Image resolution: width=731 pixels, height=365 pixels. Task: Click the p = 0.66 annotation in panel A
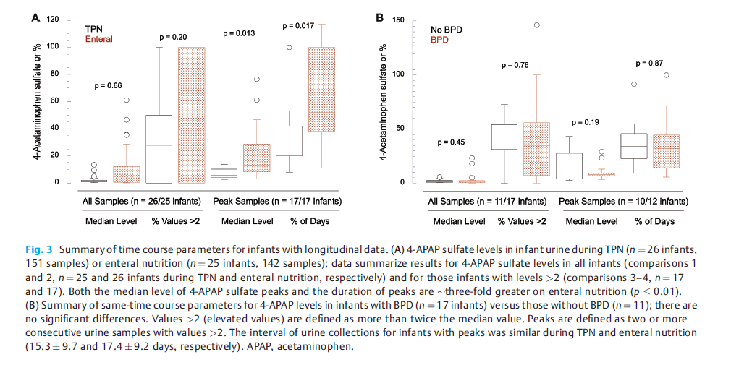(108, 86)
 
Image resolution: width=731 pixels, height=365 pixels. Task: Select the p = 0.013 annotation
(239, 33)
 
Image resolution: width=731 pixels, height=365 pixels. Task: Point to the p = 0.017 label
(297, 26)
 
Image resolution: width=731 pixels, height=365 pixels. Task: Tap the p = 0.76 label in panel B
(515, 66)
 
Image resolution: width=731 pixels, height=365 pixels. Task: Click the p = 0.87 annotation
(648, 64)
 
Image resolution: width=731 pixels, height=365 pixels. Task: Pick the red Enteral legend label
(99, 39)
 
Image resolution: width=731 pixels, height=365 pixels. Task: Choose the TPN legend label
(94, 30)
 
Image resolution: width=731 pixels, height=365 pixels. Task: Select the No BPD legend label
(446, 30)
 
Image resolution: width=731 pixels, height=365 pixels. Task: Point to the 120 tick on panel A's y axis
(52, 20)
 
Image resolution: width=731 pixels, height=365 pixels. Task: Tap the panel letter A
(34, 18)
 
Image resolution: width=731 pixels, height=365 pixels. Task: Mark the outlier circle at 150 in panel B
(537, 25)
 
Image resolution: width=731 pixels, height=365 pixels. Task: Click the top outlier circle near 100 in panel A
(289, 47)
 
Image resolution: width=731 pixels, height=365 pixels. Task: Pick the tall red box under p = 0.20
(192, 115)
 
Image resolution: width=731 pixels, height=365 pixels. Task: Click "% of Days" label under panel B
(654, 221)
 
